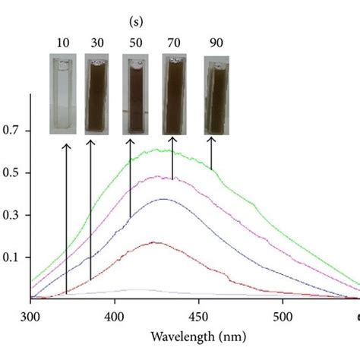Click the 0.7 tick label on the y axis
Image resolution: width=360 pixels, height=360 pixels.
pyautogui.click(x=14, y=131)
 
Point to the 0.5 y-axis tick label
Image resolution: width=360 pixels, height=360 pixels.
pyautogui.click(x=14, y=173)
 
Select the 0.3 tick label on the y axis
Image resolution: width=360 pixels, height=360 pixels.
pyautogui.click(x=14, y=216)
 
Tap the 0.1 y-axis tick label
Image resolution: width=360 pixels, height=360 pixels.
pyautogui.click(x=14, y=258)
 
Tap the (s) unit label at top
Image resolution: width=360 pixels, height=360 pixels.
pyautogui.click(x=137, y=14)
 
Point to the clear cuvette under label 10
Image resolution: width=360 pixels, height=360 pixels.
pyautogui.click(x=63, y=95)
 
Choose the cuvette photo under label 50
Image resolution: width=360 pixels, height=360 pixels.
pyautogui.click(x=136, y=95)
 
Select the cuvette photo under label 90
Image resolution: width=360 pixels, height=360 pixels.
pyautogui.click(x=217, y=96)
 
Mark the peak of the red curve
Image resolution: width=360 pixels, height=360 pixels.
pyautogui.click(x=156, y=242)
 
